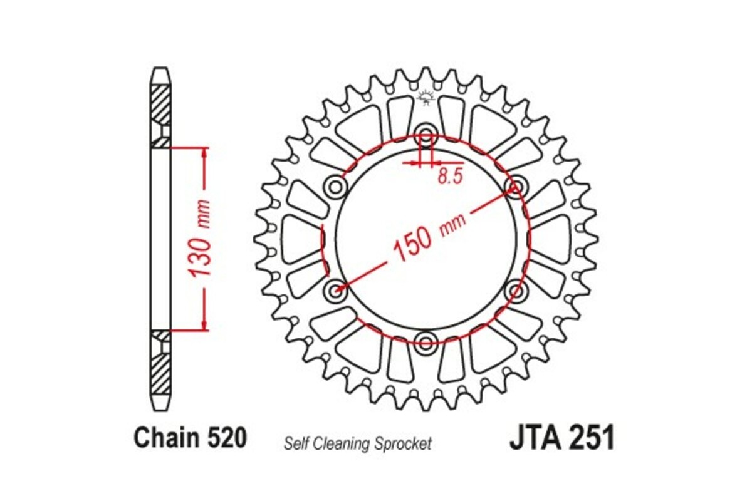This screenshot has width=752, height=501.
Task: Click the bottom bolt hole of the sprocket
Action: tap(426, 342)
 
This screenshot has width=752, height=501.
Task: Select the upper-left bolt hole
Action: tap(336, 187)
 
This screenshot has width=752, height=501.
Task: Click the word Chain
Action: tap(167, 438)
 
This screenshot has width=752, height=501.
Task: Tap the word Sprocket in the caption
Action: tap(405, 444)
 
